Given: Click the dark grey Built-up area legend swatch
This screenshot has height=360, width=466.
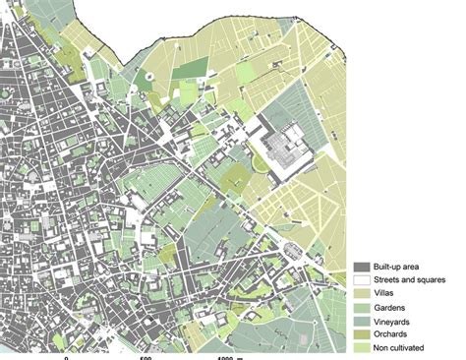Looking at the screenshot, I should coord(361,267).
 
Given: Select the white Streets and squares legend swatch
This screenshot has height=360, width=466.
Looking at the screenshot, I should coord(361,280).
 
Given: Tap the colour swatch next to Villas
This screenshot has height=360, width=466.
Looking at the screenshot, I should coord(361,294).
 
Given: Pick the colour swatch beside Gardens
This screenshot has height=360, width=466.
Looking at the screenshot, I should coord(361,307).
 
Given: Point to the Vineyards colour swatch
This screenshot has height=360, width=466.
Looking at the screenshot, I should coord(361,321).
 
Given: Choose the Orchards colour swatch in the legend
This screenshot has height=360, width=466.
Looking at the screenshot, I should coord(361,334).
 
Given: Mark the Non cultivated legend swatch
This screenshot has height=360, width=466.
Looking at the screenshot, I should coord(361,348).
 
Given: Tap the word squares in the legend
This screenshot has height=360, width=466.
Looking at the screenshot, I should coord(438,280).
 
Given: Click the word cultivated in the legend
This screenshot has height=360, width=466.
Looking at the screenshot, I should coord(419,348).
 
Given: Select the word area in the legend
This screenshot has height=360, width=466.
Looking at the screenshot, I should coord(419,267).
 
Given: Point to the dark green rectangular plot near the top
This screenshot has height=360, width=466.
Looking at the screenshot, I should coord(193,68).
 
